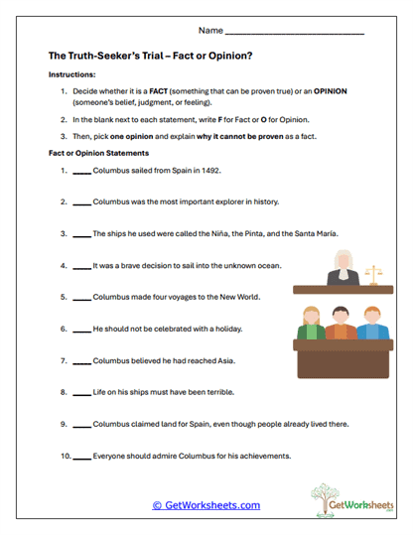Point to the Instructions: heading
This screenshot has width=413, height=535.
point(71,75)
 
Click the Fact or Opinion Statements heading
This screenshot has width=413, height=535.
point(98,153)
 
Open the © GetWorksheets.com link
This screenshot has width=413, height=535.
point(206,505)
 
